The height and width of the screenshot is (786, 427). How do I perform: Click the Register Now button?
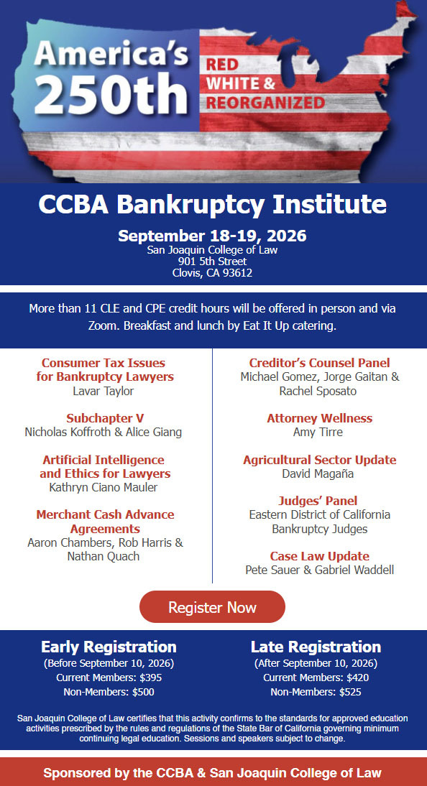click(x=212, y=607)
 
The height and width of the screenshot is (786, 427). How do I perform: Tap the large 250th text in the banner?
click(x=111, y=93)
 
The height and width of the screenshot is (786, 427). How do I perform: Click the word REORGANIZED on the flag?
click(x=265, y=103)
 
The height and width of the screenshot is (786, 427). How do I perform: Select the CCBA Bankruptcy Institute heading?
click(x=212, y=205)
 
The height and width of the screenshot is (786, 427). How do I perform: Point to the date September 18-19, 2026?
click(x=212, y=236)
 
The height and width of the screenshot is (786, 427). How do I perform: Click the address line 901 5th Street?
click(x=212, y=262)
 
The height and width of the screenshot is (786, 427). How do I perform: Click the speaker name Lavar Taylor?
click(x=104, y=391)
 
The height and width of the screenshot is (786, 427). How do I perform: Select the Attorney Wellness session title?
click(x=320, y=419)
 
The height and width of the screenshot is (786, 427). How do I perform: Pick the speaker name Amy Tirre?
click(x=318, y=432)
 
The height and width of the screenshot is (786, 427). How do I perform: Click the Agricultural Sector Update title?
click(x=320, y=460)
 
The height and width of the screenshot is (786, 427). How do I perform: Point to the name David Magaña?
click(x=318, y=473)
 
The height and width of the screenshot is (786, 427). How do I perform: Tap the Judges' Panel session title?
click(x=318, y=501)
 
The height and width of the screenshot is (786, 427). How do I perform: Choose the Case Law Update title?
click(x=320, y=556)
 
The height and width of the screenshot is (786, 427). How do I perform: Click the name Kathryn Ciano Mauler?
click(x=104, y=487)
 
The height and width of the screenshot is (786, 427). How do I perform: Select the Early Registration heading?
click(x=109, y=647)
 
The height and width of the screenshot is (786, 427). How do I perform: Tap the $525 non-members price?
click(x=354, y=693)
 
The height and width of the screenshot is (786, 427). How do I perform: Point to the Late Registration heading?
click(x=316, y=647)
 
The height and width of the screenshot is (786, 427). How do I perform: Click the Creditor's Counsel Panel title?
click(x=320, y=363)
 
